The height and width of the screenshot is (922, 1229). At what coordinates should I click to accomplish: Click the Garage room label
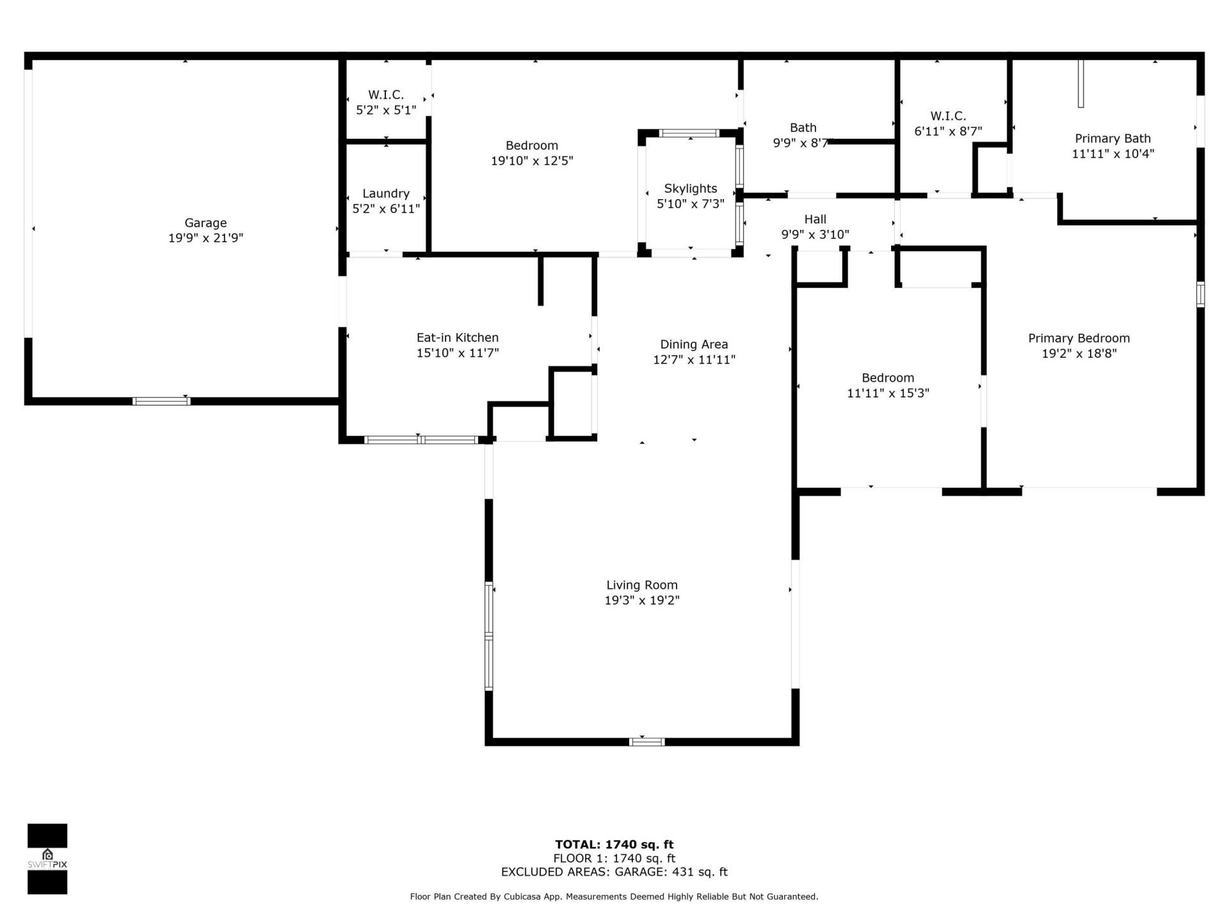pos(205,223)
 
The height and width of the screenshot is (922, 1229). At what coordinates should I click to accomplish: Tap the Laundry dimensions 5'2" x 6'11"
pos(386,209)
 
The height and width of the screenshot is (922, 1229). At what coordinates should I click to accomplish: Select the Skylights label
pos(690,188)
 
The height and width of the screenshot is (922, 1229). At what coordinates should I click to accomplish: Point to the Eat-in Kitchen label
pos(457,337)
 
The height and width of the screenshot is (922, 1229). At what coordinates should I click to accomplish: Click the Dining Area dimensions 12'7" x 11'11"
pos(694,360)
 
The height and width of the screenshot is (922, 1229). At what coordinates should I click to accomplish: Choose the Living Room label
pos(641,585)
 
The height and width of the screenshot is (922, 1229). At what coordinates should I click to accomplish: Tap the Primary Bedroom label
pos(1079,338)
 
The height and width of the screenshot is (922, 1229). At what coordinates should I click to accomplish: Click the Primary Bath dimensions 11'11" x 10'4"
pos(1113,154)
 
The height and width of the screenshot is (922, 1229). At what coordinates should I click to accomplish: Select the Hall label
pos(815,219)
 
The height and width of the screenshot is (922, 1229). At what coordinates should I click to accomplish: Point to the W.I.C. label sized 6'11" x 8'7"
pos(947,116)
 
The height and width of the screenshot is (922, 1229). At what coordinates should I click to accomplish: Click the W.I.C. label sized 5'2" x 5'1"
pos(386,95)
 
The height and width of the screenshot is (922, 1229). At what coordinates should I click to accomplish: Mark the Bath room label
pos(803,127)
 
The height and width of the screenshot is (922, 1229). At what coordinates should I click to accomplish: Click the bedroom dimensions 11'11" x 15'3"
pos(887,393)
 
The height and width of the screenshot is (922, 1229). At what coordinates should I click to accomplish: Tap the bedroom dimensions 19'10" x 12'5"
pos(531,161)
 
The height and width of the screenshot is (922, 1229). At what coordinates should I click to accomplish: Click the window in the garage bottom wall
pos(161,401)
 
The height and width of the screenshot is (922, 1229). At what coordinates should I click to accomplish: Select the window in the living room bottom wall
pos(647,741)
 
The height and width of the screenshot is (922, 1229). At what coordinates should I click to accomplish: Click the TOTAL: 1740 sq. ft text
pos(614,845)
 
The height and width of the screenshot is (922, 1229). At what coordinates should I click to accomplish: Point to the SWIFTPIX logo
pos(47,858)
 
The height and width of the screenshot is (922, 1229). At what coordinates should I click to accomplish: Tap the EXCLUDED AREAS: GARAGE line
pos(614,872)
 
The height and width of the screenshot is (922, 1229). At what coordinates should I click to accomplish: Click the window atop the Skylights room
pos(689,133)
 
